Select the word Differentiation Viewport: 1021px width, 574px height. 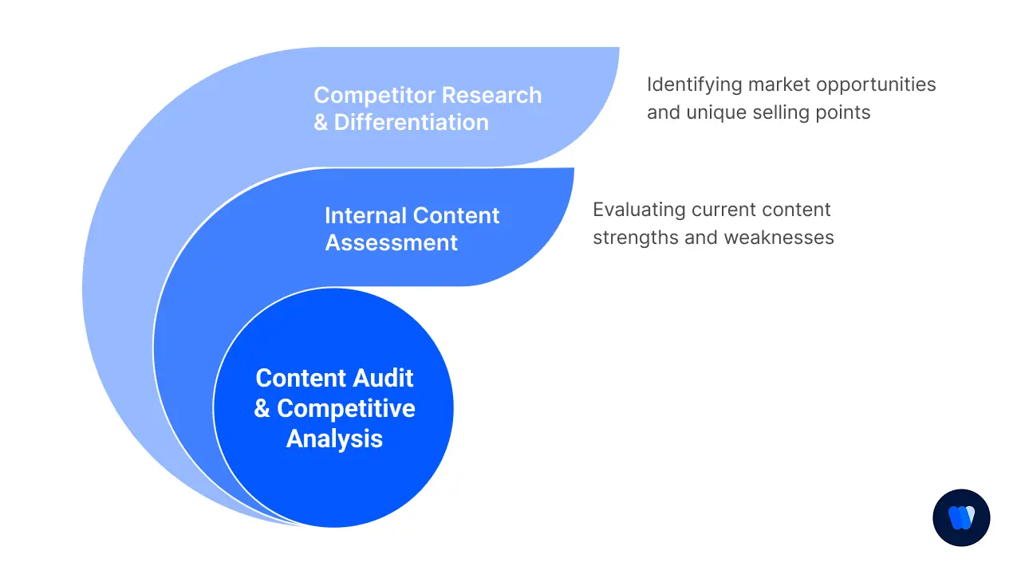coord(411,123)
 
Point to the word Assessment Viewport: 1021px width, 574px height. coord(392,242)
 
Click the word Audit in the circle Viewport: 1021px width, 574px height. coord(381,378)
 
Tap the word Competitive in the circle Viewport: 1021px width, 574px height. coord(345,409)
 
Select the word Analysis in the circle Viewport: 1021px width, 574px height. coord(334,438)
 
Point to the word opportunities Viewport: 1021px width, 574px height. coord(876,85)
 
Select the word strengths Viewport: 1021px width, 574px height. coord(633,238)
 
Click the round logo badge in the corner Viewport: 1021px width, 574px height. coord(961,517)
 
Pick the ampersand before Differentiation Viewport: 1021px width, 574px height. coord(321,123)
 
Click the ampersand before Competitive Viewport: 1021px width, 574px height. coord(262,409)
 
